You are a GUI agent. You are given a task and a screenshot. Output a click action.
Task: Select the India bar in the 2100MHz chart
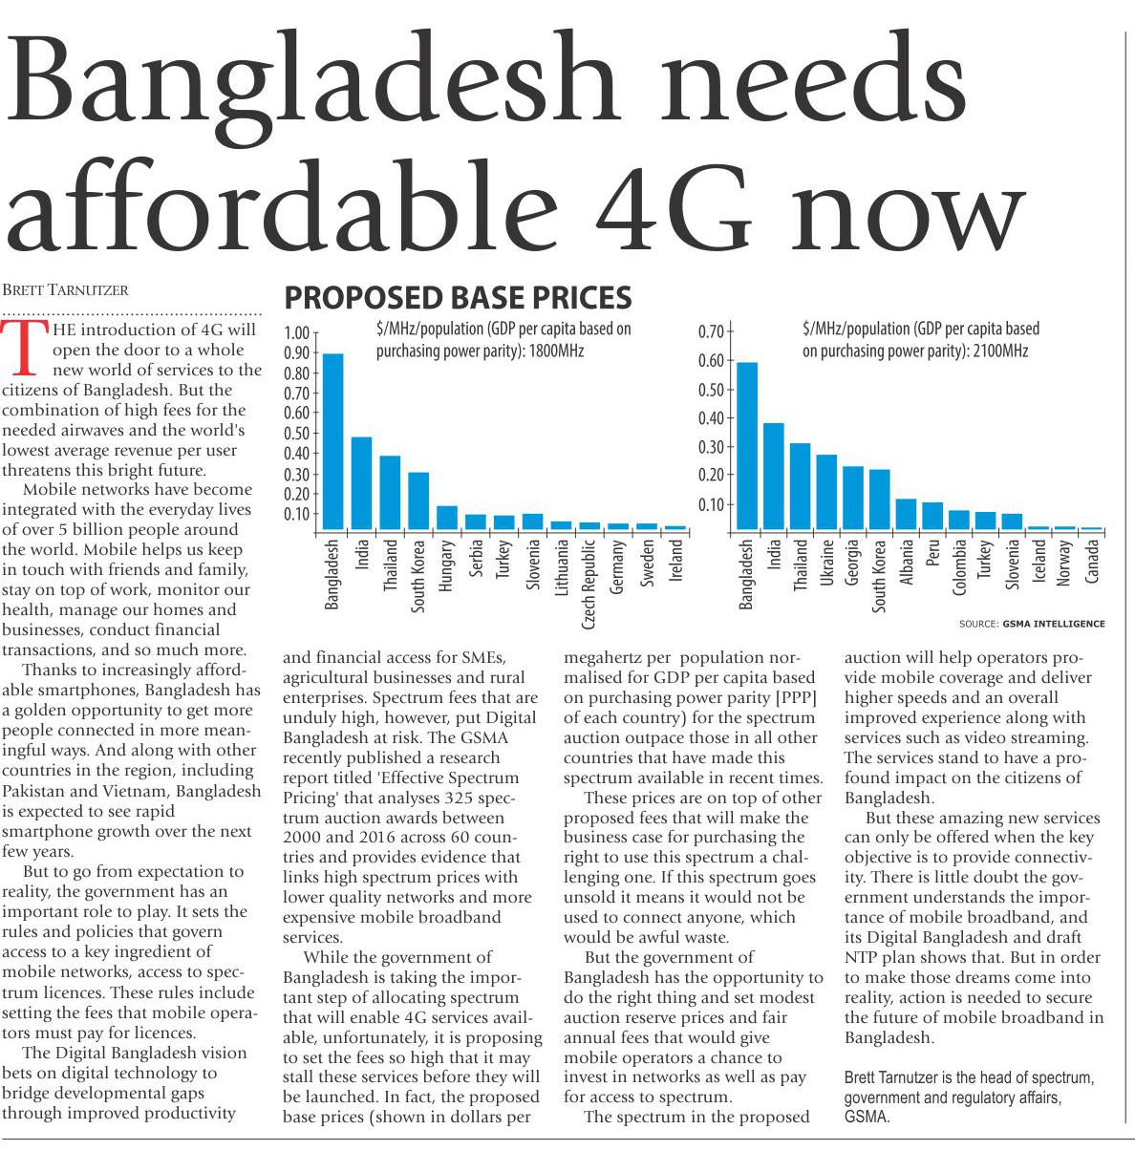774,477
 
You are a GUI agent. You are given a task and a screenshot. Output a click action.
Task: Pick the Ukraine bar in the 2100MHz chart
827,493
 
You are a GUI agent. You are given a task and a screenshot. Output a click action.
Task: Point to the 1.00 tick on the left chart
299,333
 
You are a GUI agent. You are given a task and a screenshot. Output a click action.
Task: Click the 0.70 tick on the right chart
712,332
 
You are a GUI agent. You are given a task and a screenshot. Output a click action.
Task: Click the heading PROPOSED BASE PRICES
459,298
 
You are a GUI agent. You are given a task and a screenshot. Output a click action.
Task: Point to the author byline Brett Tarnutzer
66,289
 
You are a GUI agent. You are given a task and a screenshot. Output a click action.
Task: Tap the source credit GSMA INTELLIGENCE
1054,624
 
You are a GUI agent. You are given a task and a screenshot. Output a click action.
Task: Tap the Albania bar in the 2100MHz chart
906,515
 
